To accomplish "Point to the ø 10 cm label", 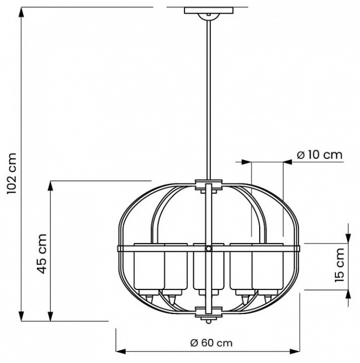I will [x=320, y=155].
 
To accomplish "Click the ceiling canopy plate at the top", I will [x=209, y=11].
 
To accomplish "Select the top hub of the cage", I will [x=209, y=185].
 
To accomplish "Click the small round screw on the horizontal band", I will [x=209, y=248].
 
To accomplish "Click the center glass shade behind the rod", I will [x=201, y=268].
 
